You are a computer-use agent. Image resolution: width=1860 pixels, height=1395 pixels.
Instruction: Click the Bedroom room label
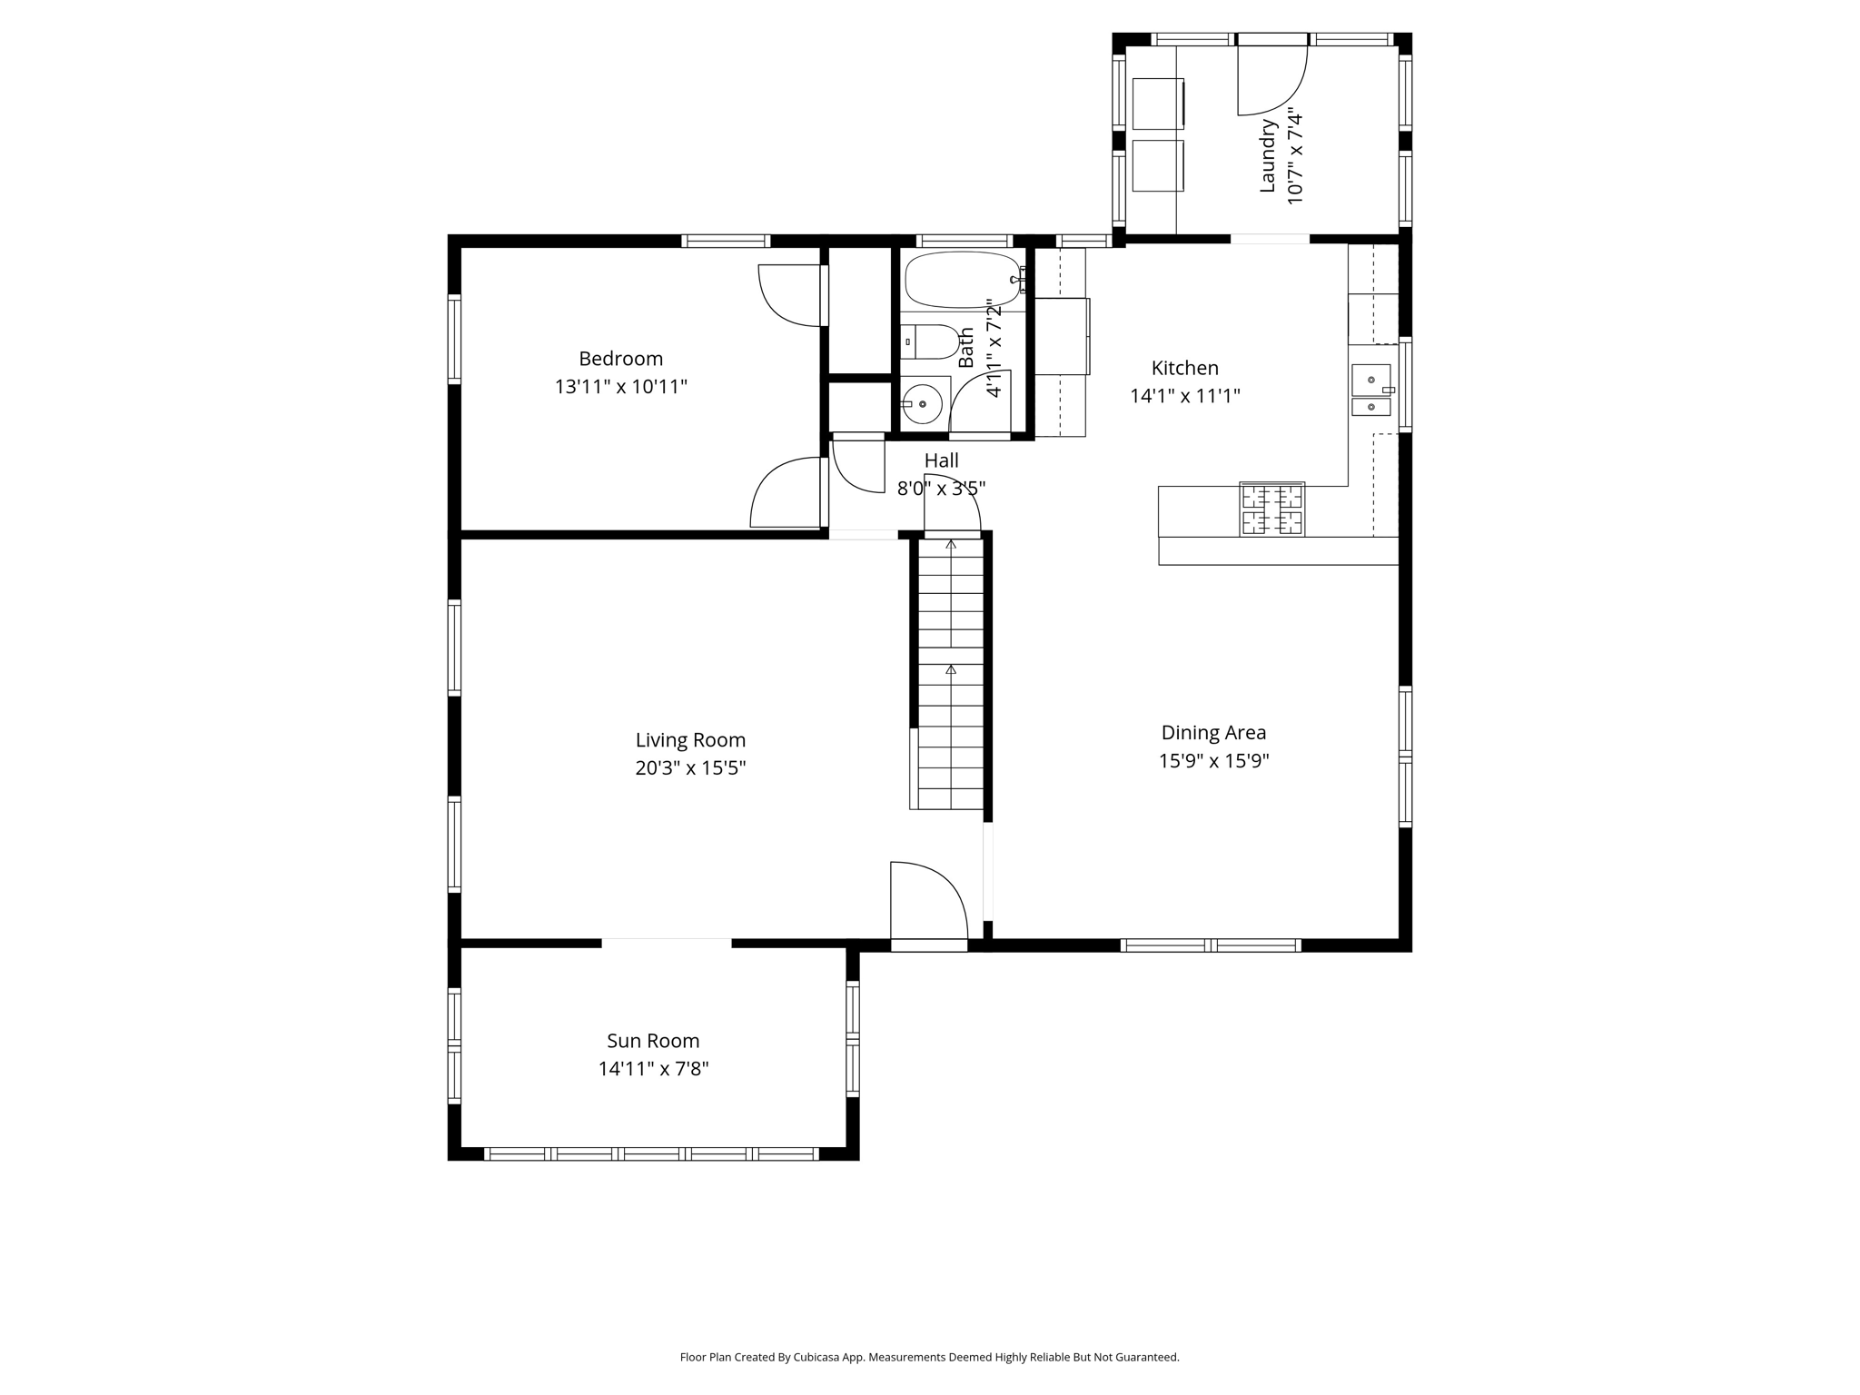click(620, 359)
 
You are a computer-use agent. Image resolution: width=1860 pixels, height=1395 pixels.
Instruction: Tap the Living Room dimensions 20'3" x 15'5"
click(690, 768)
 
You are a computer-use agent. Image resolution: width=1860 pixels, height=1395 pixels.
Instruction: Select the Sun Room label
click(653, 1041)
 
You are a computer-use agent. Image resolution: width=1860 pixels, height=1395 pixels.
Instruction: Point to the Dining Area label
click(1213, 732)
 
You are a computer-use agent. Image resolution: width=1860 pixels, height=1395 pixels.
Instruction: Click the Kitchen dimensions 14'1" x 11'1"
click(1184, 396)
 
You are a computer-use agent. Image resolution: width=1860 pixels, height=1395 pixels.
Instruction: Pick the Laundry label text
click(1268, 155)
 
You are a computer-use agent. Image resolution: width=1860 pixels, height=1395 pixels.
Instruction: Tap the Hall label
click(941, 460)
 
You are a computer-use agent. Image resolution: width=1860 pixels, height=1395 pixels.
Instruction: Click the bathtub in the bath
click(963, 280)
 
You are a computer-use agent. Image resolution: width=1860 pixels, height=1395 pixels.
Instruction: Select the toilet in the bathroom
click(931, 342)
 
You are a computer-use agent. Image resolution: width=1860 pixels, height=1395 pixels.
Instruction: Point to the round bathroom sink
click(923, 404)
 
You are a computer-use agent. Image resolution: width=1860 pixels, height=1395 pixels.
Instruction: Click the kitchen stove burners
click(1271, 510)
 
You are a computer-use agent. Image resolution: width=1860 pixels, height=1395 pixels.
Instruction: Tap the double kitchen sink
click(1371, 391)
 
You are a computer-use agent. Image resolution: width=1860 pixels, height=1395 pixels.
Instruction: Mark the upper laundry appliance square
click(1158, 104)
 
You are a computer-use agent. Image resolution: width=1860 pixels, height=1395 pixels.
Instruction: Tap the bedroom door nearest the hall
click(787, 493)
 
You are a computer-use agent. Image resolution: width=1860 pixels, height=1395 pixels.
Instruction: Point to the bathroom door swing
click(979, 403)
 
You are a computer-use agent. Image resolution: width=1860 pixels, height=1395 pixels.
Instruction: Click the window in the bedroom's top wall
click(726, 241)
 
